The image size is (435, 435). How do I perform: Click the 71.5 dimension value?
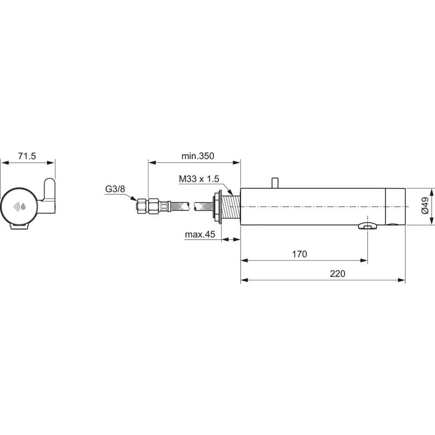coord(27,156)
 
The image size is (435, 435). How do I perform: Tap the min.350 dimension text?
coord(198,156)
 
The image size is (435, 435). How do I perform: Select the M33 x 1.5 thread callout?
coord(199,179)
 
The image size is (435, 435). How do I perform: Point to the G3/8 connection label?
coord(115,189)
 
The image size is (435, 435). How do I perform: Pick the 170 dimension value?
coord(300,254)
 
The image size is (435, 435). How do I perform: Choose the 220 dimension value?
coord(338,274)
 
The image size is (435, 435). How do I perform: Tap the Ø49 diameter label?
coord(425,206)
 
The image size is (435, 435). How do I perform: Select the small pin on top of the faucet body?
coord(275,183)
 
